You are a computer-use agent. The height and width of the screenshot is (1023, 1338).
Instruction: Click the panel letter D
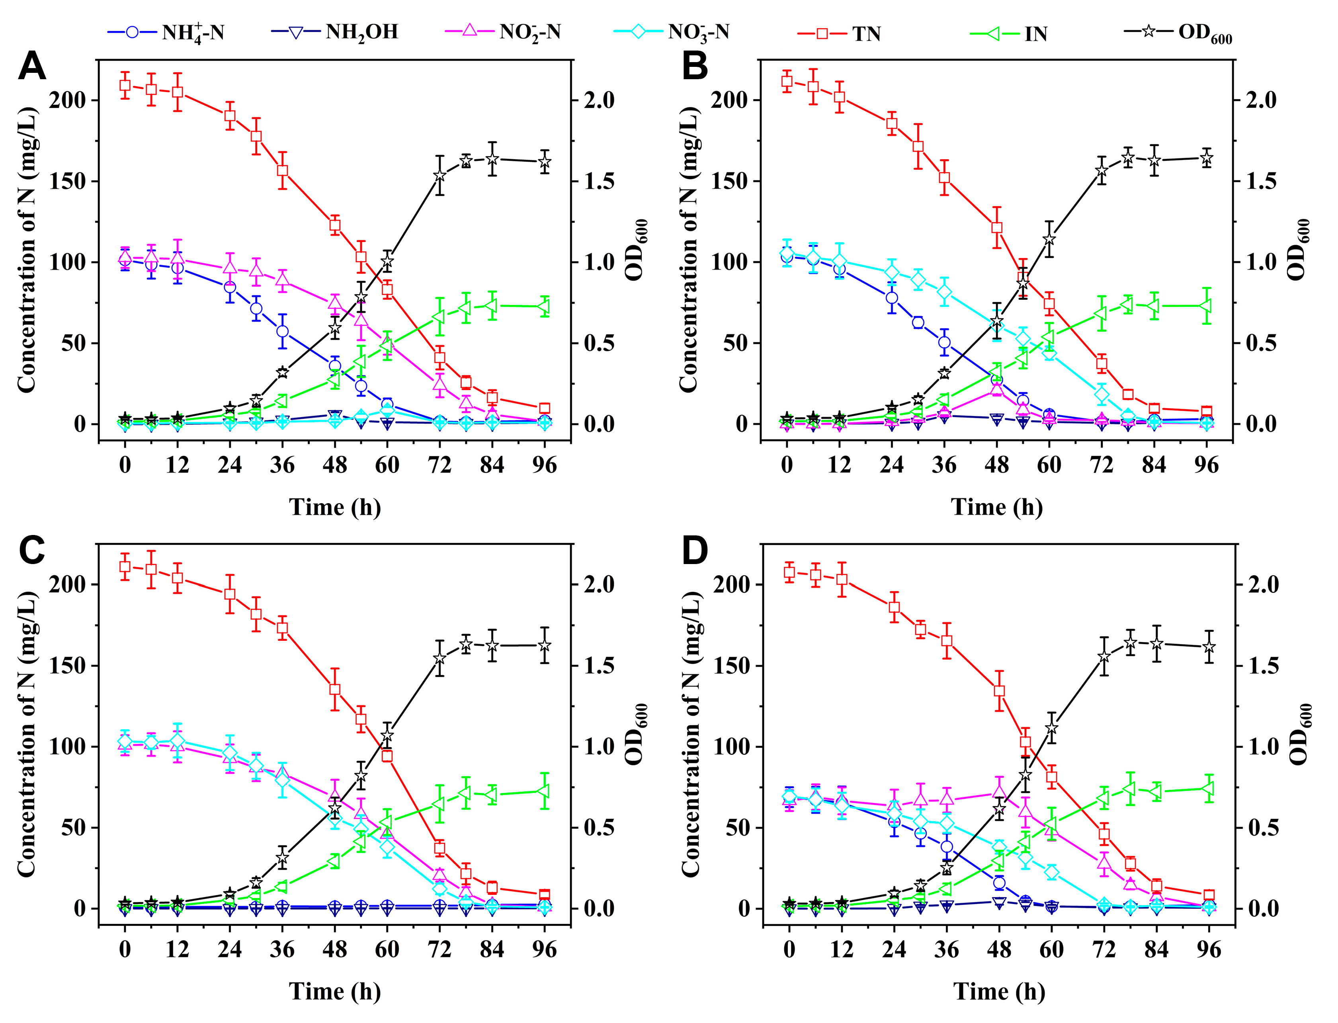(694, 551)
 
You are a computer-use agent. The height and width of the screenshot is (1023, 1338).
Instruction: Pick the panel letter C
(32, 551)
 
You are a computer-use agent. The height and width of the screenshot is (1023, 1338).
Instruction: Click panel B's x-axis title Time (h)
(996, 507)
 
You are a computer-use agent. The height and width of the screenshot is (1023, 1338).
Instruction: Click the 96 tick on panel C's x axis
(544, 949)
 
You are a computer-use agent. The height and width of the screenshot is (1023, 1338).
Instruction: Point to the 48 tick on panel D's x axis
(999, 949)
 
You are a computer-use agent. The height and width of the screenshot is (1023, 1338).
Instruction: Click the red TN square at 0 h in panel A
(125, 85)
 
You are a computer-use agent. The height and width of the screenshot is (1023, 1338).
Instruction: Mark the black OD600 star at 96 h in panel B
(1206, 159)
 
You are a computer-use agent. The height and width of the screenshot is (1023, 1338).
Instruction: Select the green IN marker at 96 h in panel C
(544, 791)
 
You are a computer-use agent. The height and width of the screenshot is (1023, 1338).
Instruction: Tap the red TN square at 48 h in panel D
(999, 691)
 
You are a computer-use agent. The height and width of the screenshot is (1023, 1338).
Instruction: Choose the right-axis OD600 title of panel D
(1299, 734)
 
